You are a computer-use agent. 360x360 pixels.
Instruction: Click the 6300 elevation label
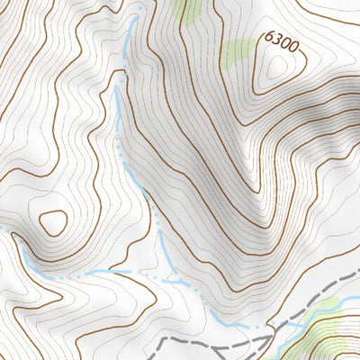281,40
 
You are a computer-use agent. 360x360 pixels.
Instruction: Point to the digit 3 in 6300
276,39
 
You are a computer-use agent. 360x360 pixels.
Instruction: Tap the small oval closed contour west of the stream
53,221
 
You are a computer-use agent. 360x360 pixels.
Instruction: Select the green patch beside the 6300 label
238,52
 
